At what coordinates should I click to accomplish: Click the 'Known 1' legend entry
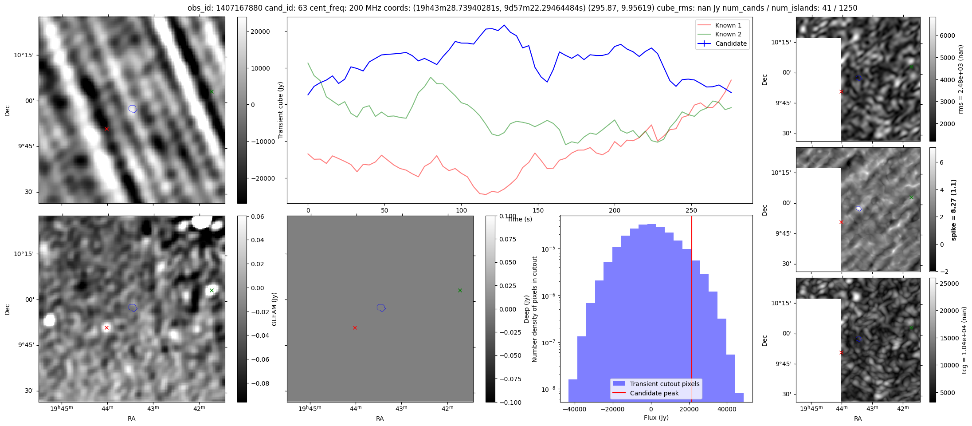[728, 25]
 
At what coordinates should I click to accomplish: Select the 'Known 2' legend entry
[728, 34]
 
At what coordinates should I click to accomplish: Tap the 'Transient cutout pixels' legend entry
[664, 384]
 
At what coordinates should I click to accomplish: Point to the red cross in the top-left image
[106, 129]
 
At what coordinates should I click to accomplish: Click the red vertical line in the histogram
[692, 311]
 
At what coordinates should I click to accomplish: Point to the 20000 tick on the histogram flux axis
[689, 409]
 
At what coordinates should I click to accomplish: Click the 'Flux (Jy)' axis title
[656, 418]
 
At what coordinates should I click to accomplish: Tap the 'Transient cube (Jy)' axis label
[280, 110]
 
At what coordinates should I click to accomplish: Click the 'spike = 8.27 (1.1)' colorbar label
[954, 210]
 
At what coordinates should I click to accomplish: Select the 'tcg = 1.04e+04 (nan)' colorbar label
[964, 340]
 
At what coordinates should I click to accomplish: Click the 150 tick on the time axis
[538, 210]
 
